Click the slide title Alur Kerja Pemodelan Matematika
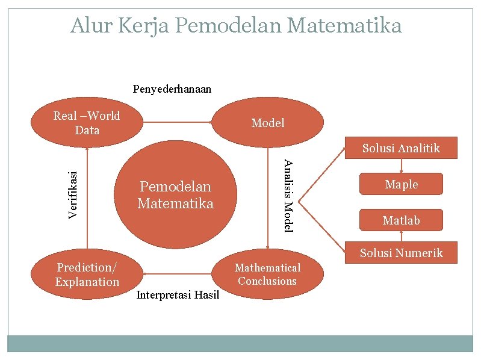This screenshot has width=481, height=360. coord(236,26)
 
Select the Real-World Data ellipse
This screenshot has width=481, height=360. coord(87,123)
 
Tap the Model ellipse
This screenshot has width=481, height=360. coord(268,123)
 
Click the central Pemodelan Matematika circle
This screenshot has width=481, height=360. coord(175,195)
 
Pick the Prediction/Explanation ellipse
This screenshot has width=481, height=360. coord(87,275)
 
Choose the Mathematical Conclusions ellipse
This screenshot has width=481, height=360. coord(267,275)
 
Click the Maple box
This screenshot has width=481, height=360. coord(402,185)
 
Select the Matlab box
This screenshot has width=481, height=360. coord(402,220)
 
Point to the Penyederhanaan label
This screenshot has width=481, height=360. coord(172,89)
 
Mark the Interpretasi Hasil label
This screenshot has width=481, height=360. coord(178,294)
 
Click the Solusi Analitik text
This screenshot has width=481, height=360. coord(401,148)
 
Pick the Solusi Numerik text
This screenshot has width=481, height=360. coord(401,253)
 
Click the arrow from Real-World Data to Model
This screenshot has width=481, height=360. coord(178,123)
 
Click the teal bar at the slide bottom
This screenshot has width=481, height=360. coord(240,344)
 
